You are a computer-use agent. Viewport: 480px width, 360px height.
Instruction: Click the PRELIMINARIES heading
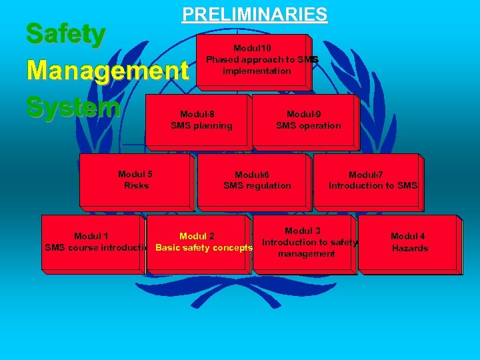pyautogui.click(x=255, y=14)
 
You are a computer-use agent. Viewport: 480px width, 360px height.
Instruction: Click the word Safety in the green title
pyautogui.click(x=65, y=34)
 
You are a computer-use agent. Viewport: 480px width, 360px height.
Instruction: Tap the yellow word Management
pyautogui.click(x=107, y=70)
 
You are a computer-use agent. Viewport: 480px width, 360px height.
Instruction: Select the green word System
pyautogui.click(x=73, y=107)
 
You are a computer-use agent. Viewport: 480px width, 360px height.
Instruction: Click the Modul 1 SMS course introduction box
pyautogui.click(x=93, y=243)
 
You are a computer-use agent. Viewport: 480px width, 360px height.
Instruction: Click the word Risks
pyautogui.click(x=136, y=186)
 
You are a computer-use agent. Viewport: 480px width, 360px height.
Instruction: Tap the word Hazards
pyautogui.click(x=409, y=249)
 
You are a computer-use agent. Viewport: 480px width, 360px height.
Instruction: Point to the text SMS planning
pyautogui.click(x=201, y=126)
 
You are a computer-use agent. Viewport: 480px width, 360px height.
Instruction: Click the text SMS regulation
pyautogui.click(x=257, y=186)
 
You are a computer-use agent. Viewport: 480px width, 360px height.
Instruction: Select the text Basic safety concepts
pyautogui.click(x=204, y=249)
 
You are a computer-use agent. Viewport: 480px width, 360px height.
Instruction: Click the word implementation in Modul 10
pyautogui.click(x=257, y=71)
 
